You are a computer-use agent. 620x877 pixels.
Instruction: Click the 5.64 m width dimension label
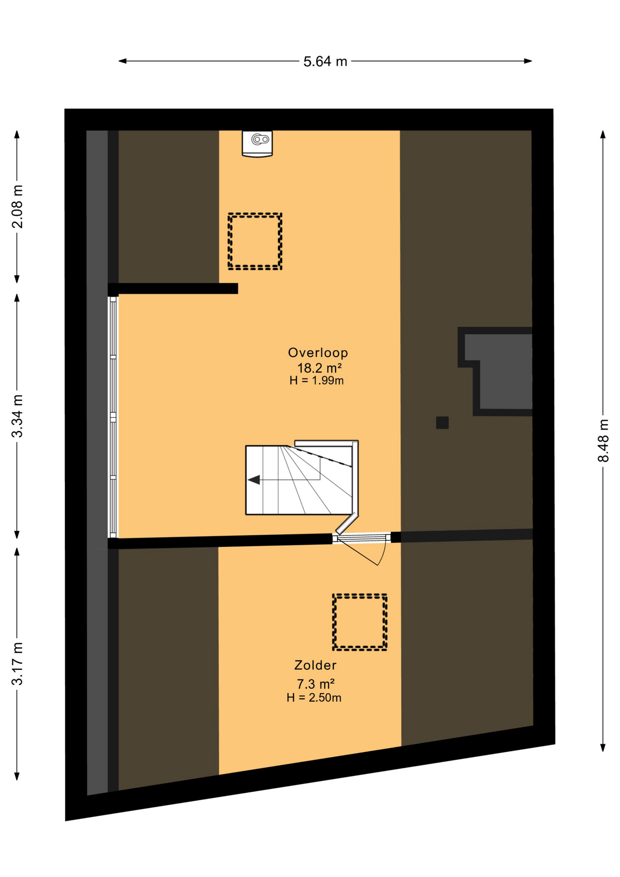(325, 61)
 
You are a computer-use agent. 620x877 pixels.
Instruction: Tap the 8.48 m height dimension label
(603, 440)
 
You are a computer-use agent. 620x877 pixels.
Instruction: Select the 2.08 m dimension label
(17, 206)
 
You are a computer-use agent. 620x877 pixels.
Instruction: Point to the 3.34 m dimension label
(17, 416)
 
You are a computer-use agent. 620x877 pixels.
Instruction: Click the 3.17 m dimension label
(17, 664)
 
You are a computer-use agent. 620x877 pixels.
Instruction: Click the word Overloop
(318, 353)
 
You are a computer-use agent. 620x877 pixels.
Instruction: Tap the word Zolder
(315, 665)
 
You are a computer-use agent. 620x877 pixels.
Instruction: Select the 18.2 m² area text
(320, 368)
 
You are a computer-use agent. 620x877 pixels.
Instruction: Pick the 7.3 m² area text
(315, 684)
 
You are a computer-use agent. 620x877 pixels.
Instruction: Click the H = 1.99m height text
(316, 380)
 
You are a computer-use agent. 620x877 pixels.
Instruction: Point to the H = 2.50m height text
(314, 697)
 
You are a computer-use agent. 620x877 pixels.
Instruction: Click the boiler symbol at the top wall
(257, 144)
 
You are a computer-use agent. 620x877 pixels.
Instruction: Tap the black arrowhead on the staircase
(254, 480)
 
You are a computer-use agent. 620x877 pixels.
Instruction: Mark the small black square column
(442, 423)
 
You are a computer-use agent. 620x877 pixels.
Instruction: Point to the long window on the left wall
(113, 417)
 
